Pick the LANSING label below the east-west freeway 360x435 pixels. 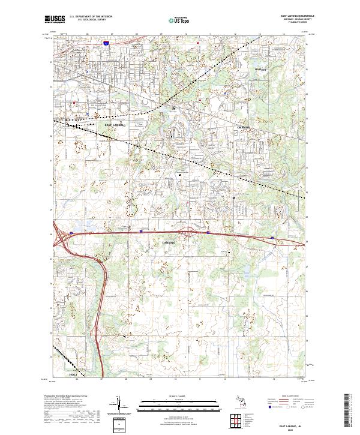pyautogui.click(x=169, y=242)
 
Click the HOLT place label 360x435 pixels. pyautogui.click(x=74, y=374)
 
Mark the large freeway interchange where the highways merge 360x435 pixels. pyautogui.click(x=62, y=237)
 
